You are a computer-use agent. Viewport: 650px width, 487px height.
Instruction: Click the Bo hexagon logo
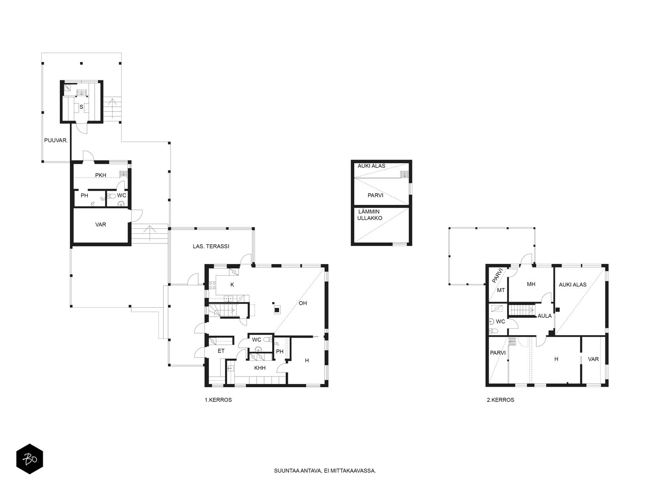point(30,459)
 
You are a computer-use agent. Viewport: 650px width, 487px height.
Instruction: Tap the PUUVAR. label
point(56,140)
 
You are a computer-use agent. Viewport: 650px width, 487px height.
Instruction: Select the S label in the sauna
point(81,107)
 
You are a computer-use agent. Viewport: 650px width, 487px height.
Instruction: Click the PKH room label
point(101,175)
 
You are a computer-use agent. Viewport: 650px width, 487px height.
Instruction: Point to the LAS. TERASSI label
point(211,246)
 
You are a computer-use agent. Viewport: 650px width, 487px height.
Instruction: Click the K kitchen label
point(232,285)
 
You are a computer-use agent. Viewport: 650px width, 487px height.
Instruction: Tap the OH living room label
point(303,303)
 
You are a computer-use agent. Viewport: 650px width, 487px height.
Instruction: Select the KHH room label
point(260,368)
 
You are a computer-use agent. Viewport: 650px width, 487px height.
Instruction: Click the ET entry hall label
point(221,351)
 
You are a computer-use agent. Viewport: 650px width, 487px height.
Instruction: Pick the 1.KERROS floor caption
point(218,400)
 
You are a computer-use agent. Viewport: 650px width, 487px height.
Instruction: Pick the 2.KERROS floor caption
point(500,400)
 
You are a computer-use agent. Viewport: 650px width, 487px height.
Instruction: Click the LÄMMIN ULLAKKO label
point(370,215)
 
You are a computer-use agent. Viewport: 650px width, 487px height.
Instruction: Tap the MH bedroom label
point(531,284)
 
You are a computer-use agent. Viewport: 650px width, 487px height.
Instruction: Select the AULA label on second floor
point(545,316)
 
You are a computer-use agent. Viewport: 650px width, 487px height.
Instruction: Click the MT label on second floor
point(501,290)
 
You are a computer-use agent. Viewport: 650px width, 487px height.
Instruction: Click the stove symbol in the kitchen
point(212,285)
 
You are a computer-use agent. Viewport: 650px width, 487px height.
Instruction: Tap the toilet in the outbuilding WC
point(111,196)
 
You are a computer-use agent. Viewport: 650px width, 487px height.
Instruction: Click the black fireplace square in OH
point(277,310)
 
